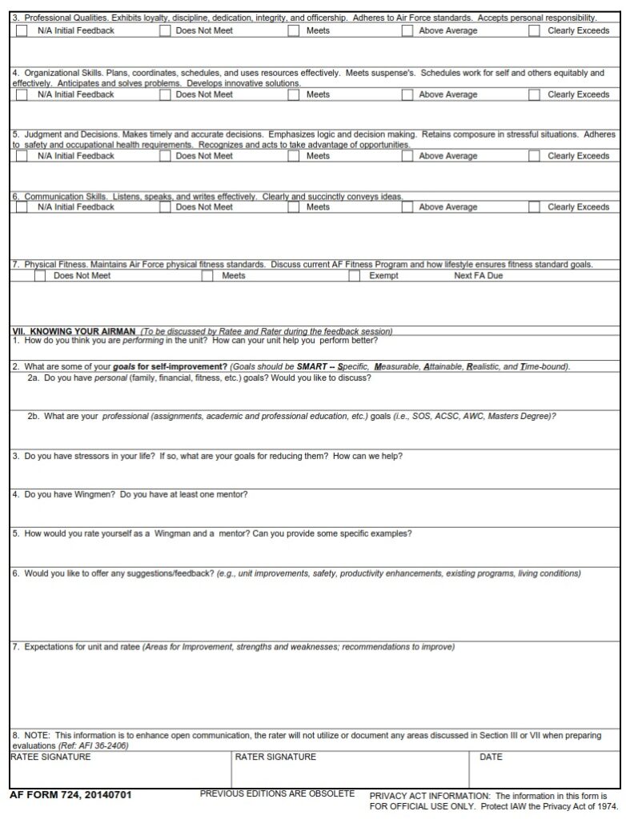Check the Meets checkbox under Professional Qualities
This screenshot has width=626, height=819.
point(295,30)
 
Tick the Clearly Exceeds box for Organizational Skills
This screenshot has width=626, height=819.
point(534,94)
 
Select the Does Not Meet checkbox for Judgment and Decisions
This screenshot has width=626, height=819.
point(165,156)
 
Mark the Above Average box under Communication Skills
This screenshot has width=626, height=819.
point(407,207)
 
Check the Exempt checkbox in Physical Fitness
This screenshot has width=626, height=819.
point(355,276)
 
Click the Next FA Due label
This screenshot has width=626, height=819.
point(479,276)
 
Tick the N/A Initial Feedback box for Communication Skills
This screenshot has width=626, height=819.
point(21,207)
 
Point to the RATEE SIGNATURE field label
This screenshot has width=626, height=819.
point(50,757)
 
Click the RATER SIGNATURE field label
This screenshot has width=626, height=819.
point(275,757)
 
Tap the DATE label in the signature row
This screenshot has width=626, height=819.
point(491,757)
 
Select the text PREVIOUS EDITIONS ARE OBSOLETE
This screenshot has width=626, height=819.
point(277,793)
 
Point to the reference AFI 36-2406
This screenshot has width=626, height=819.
point(103,745)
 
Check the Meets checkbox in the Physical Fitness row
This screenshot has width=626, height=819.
point(207,276)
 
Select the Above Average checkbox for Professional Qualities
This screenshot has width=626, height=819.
point(407,30)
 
